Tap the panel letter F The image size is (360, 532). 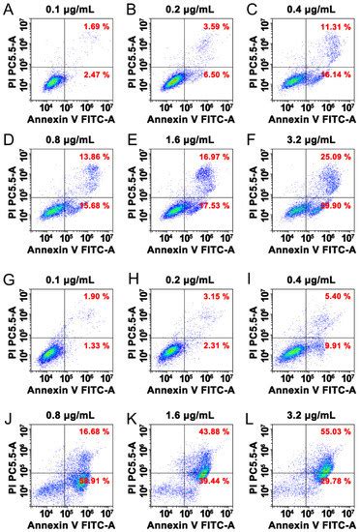point(247,141)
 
